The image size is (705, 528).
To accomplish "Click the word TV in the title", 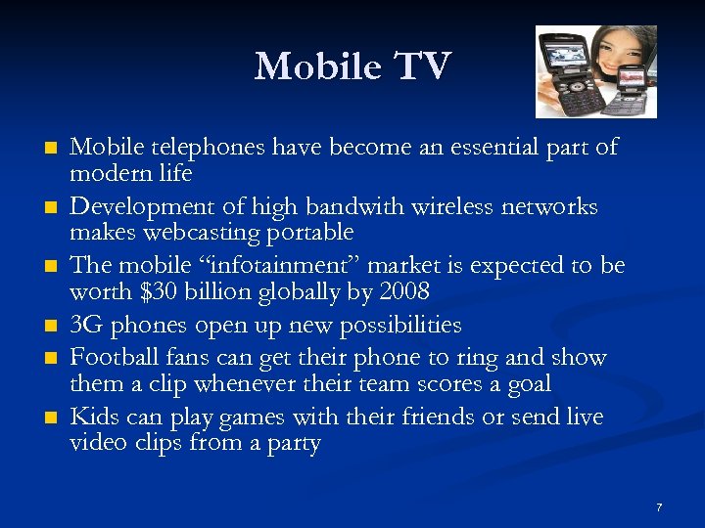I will [423, 66].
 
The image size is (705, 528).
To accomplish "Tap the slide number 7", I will [659, 507].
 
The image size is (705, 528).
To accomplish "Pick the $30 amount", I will [155, 292].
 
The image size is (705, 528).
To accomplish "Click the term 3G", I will [86, 325].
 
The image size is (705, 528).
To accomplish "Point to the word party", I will [293, 444].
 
